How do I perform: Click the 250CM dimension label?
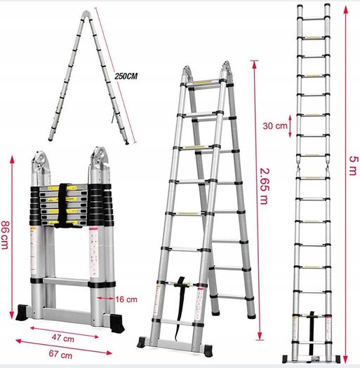(126, 76)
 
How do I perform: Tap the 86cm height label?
(5, 235)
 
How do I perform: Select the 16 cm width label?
(126, 299)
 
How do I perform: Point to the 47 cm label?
(63, 338)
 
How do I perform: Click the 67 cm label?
(60, 354)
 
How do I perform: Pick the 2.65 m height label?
(263, 186)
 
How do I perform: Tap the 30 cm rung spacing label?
(275, 126)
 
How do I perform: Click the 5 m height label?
(354, 165)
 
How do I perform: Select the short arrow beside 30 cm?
(290, 126)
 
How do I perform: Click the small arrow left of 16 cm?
(105, 298)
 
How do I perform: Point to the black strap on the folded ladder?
(62, 206)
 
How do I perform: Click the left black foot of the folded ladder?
(22, 313)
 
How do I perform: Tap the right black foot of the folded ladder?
(117, 323)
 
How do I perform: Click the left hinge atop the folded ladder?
(41, 167)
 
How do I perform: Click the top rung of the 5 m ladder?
(313, 18)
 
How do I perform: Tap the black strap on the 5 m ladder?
(312, 333)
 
